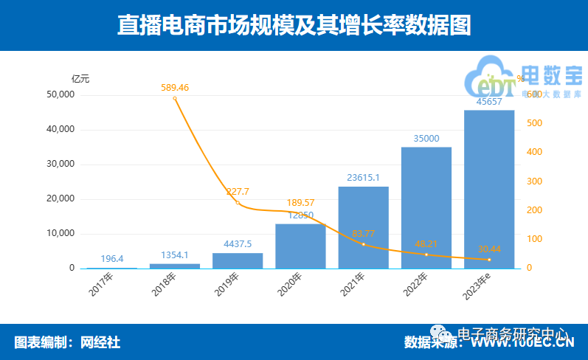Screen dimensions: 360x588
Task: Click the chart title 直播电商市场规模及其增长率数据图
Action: (294, 26)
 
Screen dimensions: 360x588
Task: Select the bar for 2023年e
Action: (488, 189)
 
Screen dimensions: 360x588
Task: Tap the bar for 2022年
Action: (426, 207)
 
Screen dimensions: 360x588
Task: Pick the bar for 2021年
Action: (363, 227)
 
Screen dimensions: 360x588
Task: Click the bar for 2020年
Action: (300, 246)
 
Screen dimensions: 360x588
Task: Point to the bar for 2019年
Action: (238, 260)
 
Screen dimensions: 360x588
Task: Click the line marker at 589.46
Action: (175, 98)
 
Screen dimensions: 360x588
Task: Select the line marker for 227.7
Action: (238, 203)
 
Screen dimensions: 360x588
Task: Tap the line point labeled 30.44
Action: (488, 260)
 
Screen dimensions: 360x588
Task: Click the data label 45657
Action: (488, 102)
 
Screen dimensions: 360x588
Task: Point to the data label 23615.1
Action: (363, 177)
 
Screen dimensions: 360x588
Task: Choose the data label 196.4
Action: (112, 259)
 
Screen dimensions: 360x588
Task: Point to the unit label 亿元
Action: (80, 78)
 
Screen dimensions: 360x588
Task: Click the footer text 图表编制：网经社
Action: (67, 342)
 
